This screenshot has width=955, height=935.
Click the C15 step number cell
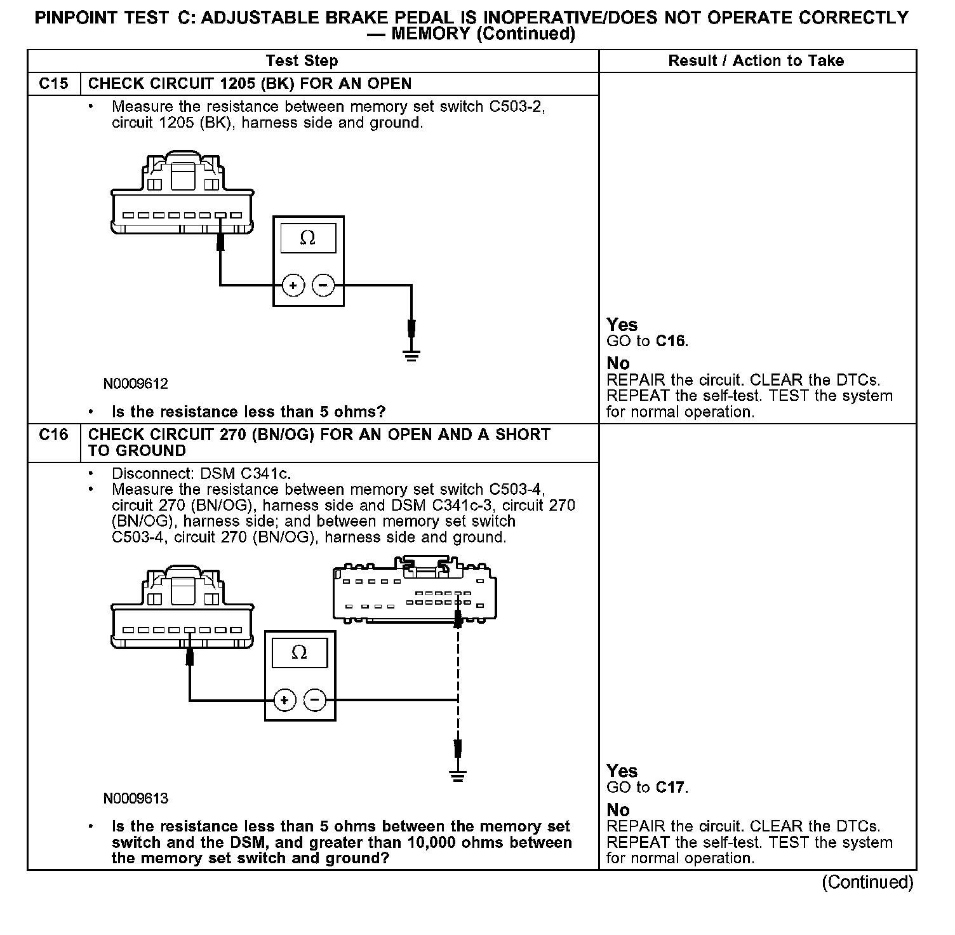pyautogui.click(x=53, y=84)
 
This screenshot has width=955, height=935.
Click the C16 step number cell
pyautogui.click(x=53, y=435)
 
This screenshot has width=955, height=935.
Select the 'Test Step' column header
pyautogui.click(x=302, y=61)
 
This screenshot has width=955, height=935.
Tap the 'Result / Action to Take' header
pyautogui.click(x=756, y=61)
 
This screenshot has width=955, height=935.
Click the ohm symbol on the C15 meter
pyautogui.click(x=308, y=238)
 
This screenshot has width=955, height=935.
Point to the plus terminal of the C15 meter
pyautogui.click(x=293, y=286)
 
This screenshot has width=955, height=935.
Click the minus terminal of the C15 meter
pyautogui.click(x=323, y=286)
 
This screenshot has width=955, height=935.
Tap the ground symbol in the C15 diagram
pyautogui.click(x=412, y=354)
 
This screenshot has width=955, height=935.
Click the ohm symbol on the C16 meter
pyautogui.click(x=299, y=653)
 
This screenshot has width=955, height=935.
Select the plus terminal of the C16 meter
pyautogui.click(x=284, y=700)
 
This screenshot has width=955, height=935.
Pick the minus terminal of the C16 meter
pyautogui.click(x=315, y=700)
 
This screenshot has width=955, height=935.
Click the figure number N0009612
pyautogui.click(x=136, y=384)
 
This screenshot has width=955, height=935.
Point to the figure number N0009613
pyautogui.click(x=136, y=798)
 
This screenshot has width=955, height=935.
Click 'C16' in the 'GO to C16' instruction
pyautogui.click(x=671, y=341)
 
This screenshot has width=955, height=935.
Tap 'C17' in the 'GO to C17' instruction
pyautogui.click(x=671, y=788)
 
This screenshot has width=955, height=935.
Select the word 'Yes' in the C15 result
pyautogui.click(x=622, y=325)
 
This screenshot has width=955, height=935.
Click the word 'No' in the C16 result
pyautogui.click(x=618, y=810)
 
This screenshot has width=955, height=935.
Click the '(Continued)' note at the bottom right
pyautogui.click(x=867, y=882)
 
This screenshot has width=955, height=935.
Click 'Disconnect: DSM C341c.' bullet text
pyautogui.click(x=201, y=474)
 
